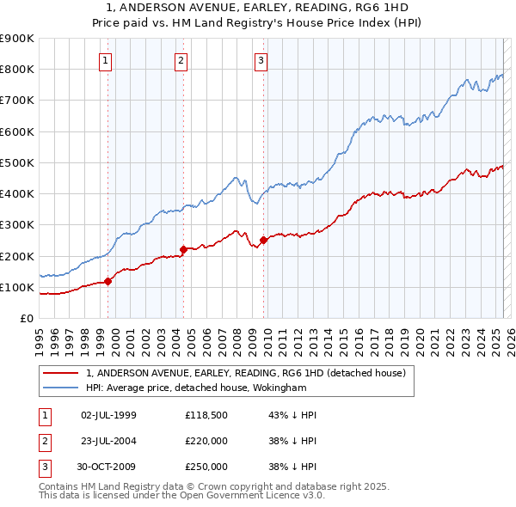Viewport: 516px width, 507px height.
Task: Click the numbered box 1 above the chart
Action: click(x=105, y=60)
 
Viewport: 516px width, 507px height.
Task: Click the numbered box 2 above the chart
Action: click(x=181, y=60)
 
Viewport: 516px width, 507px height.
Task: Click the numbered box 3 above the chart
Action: click(x=261, y=60)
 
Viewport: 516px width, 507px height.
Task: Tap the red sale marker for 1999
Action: click(x=107, y=281)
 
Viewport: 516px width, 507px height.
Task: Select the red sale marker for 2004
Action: click(x=184, y=250)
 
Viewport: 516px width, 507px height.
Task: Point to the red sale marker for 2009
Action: click(x=263, y=241)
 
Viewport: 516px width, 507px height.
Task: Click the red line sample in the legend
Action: click(x=61, y=373)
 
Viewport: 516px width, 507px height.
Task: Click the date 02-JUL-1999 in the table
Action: click(x=108, y=415)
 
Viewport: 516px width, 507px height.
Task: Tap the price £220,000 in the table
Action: click(x=206, y=441)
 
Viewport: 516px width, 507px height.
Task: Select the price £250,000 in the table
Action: click(x=206, y=467)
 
